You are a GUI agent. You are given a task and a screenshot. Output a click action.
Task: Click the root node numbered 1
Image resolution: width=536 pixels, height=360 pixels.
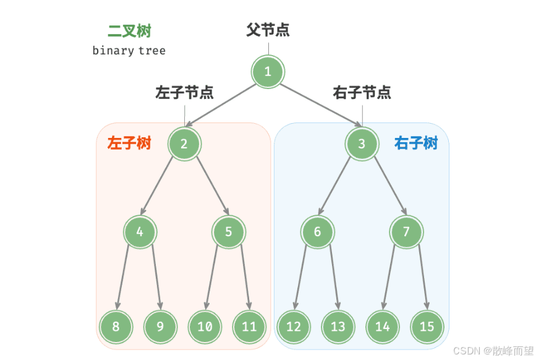click(x=268, y=72)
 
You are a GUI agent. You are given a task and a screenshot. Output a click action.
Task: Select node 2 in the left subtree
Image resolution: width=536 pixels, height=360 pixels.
click(x=184, y=144)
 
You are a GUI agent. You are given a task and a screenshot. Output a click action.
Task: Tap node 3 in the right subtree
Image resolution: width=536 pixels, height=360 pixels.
click(x=362, y=144)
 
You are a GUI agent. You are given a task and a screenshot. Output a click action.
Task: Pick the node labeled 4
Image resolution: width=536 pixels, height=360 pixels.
click(x=140, y=232)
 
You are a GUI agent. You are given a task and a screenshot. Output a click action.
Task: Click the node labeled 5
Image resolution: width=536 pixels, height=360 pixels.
click(x=229, y=232)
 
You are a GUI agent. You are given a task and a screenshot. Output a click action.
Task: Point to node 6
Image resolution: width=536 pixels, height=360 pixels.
click(x=318, y=232)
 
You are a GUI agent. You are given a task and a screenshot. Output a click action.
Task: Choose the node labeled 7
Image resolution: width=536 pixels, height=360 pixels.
click(x=407, y=232)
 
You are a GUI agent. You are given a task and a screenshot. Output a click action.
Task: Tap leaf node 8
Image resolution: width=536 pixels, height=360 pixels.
click(x=116, y=326)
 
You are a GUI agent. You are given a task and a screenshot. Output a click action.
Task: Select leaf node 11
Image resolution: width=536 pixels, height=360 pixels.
click(x=249, y=326)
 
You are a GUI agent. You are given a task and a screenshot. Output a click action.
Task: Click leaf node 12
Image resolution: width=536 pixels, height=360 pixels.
click(x=294, y=326)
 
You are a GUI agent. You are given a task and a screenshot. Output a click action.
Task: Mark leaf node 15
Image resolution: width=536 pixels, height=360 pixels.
click(x=427, y=326)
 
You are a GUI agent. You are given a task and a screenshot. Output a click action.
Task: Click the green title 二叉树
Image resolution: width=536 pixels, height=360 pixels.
click(x=129, y=31)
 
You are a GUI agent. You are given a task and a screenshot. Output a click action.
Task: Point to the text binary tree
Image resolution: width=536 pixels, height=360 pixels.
click(x=129, y=51)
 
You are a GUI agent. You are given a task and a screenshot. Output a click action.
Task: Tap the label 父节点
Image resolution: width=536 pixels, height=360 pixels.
click(x=268, y=29)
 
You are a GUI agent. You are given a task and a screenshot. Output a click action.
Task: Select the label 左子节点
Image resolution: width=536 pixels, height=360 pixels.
click(x=184, y=93)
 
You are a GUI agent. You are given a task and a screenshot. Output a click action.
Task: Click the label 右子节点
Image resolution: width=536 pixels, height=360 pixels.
click(x=362, y=93)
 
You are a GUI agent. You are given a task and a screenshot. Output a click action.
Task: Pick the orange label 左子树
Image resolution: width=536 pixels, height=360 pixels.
click(x=129, y=144)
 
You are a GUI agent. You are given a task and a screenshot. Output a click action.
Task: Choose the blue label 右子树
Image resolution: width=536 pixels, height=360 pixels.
click(x=416, y=144)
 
